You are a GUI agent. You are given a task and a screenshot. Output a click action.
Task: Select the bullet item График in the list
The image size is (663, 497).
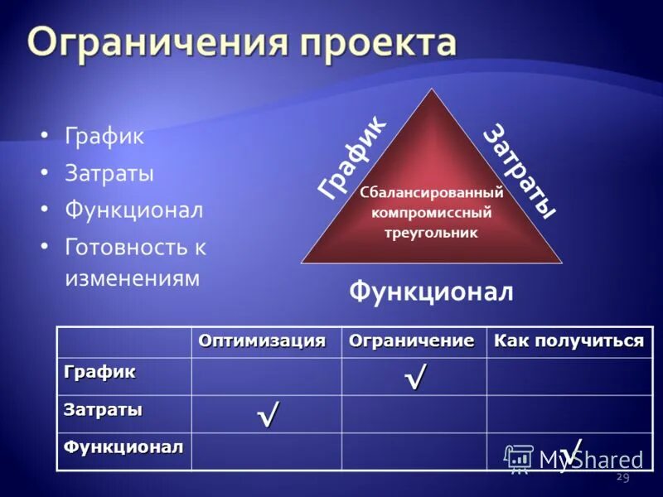point(104,137)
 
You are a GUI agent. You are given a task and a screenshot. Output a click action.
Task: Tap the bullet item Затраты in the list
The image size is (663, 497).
point(109,174)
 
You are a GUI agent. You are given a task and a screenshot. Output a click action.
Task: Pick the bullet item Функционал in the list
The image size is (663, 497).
point(133,210)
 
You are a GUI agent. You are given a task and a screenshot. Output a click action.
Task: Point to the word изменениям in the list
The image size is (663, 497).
point(132,277)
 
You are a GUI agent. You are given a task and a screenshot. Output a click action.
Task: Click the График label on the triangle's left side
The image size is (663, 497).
point(351,157)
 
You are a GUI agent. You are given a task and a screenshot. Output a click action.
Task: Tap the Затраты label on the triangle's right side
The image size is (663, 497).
point(518,171)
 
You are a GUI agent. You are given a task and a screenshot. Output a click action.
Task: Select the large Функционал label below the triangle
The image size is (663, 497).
point(431,291)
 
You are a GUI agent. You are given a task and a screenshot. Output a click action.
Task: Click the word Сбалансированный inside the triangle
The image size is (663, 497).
point(432,193)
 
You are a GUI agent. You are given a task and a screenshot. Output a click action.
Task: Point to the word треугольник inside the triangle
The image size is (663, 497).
point(431,233)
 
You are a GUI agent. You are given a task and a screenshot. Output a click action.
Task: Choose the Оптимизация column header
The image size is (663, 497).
point(262,341)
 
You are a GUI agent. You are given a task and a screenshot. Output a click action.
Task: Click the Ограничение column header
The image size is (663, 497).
point(411,341)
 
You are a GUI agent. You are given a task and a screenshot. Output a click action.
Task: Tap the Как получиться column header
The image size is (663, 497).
point(569,341)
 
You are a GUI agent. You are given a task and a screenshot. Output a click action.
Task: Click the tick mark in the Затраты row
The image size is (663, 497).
point(267,413)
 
